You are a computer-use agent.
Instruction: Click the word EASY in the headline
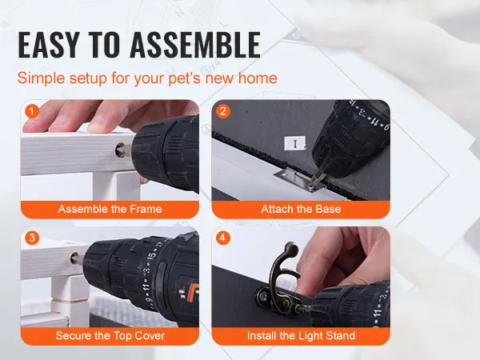pyautogui.click(x=49, y=45)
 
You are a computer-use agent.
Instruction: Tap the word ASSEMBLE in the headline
pyautogui.click(x=195, y=45)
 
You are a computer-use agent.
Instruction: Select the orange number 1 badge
pyautogui.click(x=32, y=111)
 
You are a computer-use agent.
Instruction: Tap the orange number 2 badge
pyautogui.click(x=223, y=111)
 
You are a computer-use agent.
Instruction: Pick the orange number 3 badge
pyautogui.click(x=32, y=238)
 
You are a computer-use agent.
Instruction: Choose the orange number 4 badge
pyautogui.click(x=223, y=238)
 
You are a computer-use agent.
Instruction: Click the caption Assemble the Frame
pyautogui.click(x=110, y=209)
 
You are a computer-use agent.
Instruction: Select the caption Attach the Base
pyautogui.click(x=301, y=209)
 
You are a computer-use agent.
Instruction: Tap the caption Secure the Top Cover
pyautogui.click(x=110, y=336)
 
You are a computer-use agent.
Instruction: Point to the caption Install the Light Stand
pyautogui.click(x=302, y=336)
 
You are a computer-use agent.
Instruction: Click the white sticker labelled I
pyautogui.click(x=294, y=143)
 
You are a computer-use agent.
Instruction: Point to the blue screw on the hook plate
pyautogui.click(x=263, y=296)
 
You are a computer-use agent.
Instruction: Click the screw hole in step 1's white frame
pyautogui.click(x=120, y=150)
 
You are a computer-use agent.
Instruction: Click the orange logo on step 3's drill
pyautogui.click(x=191, y=292)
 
